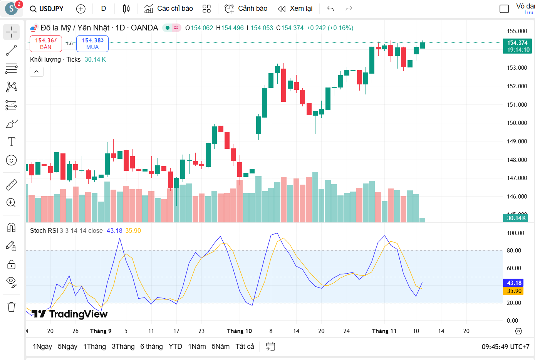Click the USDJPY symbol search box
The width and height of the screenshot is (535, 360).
[47, 8]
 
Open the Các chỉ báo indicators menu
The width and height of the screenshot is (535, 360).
[168, 8]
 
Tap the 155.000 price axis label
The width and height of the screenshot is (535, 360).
[517, 31]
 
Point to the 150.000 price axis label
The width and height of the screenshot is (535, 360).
[517, 123]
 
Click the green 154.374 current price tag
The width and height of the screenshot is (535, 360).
[517, 46]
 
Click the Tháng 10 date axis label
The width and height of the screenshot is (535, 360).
[239, 331]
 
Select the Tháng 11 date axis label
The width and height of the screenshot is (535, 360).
[384, 331]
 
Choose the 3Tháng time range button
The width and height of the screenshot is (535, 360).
[123, 347]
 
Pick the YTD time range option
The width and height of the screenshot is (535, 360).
[175, 347]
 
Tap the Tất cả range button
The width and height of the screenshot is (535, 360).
[245, 347]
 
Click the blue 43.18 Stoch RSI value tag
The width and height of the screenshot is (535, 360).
[514, 283]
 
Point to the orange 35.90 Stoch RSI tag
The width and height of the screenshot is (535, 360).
[514, 291]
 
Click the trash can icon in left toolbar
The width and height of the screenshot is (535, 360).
[12, 307]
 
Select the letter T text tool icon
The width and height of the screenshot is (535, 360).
[12, 142]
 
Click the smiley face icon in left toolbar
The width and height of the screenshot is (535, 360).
[12, 160]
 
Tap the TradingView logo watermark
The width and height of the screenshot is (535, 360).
[69, 314]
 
